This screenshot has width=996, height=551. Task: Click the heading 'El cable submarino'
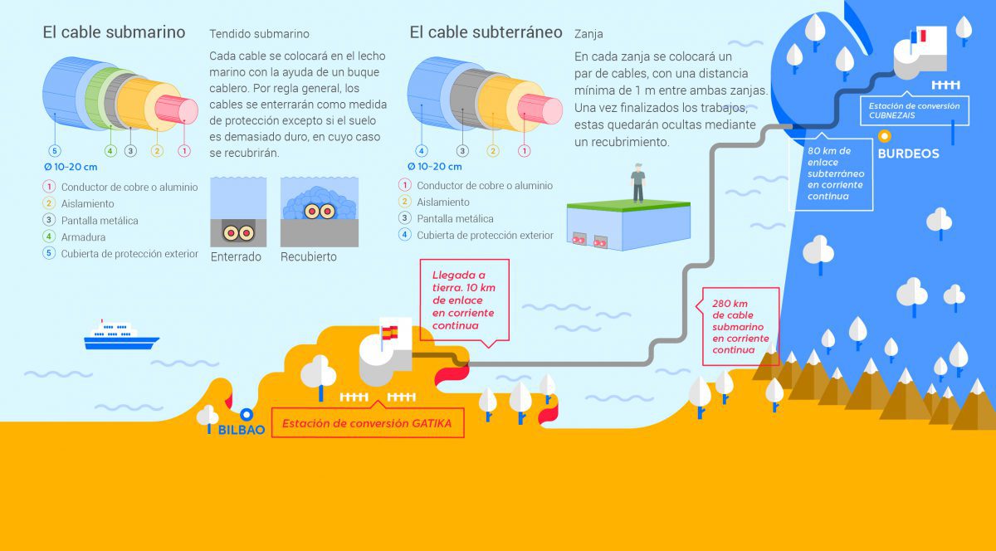(114, 32)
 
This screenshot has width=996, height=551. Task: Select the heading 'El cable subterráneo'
(486, 32)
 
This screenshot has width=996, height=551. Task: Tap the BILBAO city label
(242, 430)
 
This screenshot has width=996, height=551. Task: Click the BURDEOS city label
(908, 154)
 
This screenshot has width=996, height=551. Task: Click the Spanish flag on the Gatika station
(389, 332)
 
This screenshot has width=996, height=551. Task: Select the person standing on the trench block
(637, 183)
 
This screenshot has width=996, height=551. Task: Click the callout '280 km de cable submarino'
(740, 326)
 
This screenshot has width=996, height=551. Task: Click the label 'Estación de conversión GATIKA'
(367, 423)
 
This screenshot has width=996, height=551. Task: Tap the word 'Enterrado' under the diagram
(236, 256)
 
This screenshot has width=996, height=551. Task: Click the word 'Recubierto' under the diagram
(309, 256)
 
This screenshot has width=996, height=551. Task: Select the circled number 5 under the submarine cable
(55, 151)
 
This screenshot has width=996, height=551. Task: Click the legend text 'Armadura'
(83, 237)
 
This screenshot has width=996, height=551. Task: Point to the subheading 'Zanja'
(588, 34)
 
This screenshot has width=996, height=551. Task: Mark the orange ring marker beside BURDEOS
(885, 136)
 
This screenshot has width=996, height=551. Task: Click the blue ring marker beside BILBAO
(247, 415)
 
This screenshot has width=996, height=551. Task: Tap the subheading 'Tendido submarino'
(259, 34)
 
